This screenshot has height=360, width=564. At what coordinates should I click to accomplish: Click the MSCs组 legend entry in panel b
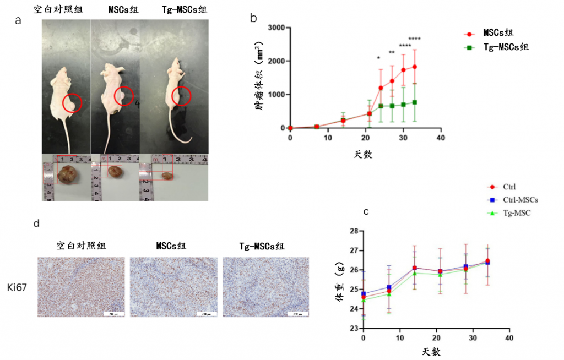tap(498, 33)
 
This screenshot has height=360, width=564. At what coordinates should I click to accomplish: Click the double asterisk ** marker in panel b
tap(392, 53)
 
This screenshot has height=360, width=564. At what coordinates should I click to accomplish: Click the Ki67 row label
tap(18, 286)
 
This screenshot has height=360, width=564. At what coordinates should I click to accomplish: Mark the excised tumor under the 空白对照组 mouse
tap(69, 175)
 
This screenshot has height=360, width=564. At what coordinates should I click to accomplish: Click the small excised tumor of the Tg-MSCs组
tap(167, 176)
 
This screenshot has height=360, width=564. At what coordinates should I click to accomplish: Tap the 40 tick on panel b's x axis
tap(440, 137)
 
